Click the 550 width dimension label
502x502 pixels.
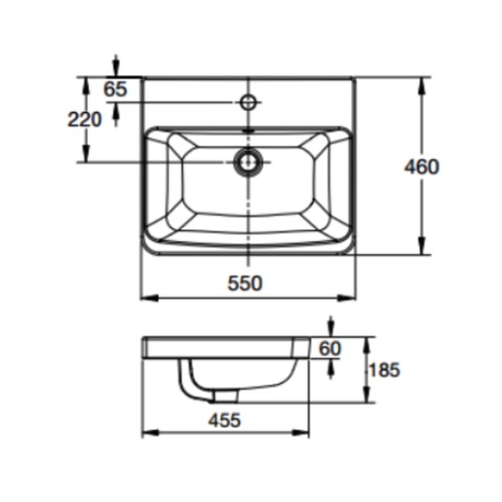pyautogui.click(x=245, y=283)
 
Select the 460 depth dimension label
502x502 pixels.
pyautogui.click(x=422, y=167)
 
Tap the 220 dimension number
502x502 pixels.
pyautogui.click(x=85, y=120)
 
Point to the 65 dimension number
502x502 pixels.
pyautogui.click(x=115, y=89)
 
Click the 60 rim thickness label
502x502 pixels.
pyautogui.click(x=330, y=348)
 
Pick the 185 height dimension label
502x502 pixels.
pyautogui.click(x=384, y=370)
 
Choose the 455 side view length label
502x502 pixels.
pyautogui.click(x=224, y=420)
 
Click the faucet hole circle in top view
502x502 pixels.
pyautogui.click(x=249, y=103)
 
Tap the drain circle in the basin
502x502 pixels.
pyautogui.click(x=248, y=162)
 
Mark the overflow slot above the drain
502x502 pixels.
pyautogui.click(x=249, y=131)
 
